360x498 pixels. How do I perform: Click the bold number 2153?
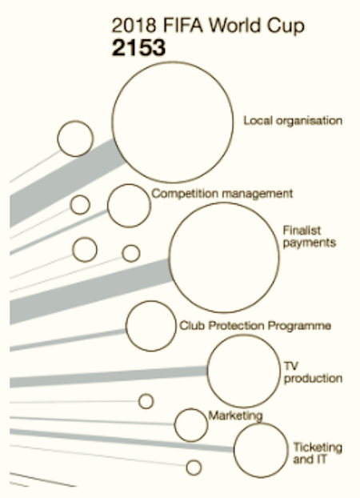[x=138, y=48]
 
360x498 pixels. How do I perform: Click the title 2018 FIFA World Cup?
[x=208, y=26]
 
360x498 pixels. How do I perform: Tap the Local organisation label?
[x=293, y=121]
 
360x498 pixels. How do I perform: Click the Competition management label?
[x=222, y=194]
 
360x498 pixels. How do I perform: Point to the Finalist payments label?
[x=310, y=237]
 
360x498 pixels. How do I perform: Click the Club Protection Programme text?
[x=255, y=326]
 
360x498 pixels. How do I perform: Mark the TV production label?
[x=313, y=372]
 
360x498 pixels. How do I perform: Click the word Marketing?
[x=235, y=416]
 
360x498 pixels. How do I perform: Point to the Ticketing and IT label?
[x=318, y=453]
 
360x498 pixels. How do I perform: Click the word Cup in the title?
[x=286, y=26]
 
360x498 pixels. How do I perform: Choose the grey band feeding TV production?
[x=108, y=377]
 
